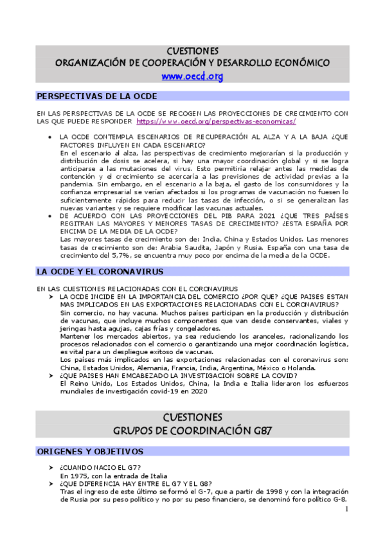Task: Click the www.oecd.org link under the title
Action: pos(192,76)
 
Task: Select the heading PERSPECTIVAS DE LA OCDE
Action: pos(97,96)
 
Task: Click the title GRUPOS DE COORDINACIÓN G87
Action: pos(192,429)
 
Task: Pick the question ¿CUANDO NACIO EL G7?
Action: pos(96,467)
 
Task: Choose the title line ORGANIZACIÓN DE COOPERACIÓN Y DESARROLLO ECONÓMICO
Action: pos(192,63)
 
